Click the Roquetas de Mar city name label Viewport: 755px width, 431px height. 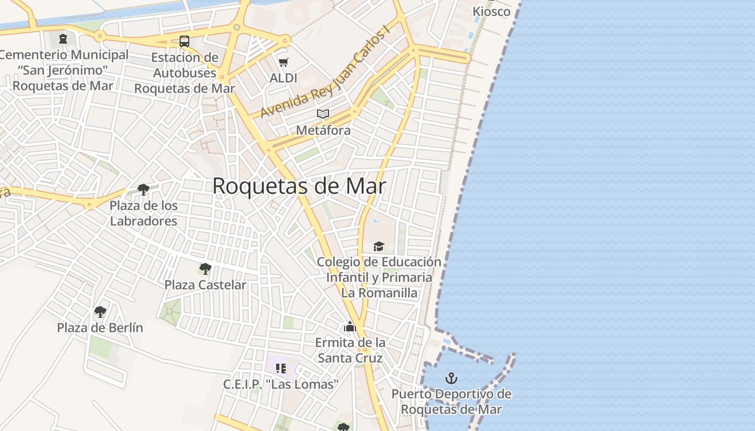tap(299, 186)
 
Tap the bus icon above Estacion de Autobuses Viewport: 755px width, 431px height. tap(184, 41)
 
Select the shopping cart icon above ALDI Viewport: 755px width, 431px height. tap(284, 62)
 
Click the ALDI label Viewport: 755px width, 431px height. tap(284, 78)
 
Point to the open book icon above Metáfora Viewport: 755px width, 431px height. tap(323, 114)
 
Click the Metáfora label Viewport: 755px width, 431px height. tap(323, 130)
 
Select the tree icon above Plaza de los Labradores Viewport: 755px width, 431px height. tap(143, 189)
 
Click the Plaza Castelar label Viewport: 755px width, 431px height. tap(205, 285)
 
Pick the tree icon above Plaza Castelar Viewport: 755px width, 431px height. tap(205, 268)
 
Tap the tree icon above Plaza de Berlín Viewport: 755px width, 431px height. tap(100, 311)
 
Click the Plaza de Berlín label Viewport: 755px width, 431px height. tap(100, 328)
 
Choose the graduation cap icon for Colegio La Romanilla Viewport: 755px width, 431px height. tap(379, 246)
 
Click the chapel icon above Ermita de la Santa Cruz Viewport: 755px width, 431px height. tap(350, 326)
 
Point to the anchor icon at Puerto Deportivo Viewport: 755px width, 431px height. tap(451, 378)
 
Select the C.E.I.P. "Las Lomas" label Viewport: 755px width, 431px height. tap(281, 385)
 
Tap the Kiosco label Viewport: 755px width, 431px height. tap(491, 11)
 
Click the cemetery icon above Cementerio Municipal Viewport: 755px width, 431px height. tap(64, 39)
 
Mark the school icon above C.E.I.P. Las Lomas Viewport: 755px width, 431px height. tap(280, 369)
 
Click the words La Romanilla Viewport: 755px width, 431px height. tap(379, 293)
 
